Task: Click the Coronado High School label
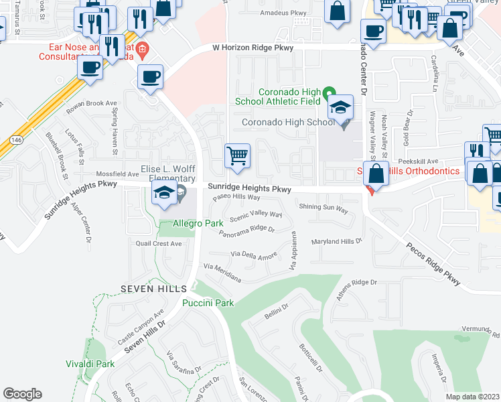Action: tap(287, 123)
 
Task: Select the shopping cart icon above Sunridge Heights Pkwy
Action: tap(237, 156)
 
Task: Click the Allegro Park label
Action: tap(198, 222)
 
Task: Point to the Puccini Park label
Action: tap(208, 303)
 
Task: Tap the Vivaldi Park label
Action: tap(90, 364)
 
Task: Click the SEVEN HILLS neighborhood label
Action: tap(153, 288)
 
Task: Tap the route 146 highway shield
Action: tap(15, 139)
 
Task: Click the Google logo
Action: tap(22, 393)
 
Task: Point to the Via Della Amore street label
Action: tap(254, 255)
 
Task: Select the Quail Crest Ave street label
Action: tap(158, 244)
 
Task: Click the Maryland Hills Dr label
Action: tap(336, 241)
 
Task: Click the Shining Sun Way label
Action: tap(324, 210)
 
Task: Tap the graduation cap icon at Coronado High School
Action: tap(340, 107)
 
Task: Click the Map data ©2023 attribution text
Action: tap(472, 397)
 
